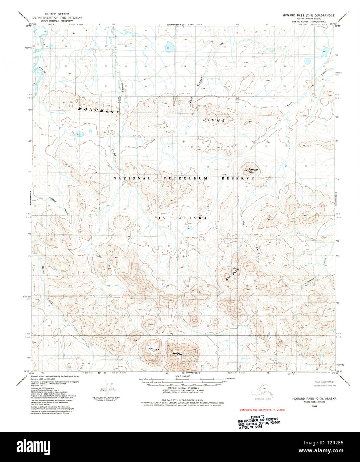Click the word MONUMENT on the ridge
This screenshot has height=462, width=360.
(x=98, y=110)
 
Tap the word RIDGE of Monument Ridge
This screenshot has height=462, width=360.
(x=214, y=120)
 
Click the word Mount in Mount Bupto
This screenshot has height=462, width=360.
(x=153, y=350)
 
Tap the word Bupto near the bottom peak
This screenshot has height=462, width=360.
(x=177, y=354)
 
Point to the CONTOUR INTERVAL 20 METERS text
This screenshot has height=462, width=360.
(x=181, y=388)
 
